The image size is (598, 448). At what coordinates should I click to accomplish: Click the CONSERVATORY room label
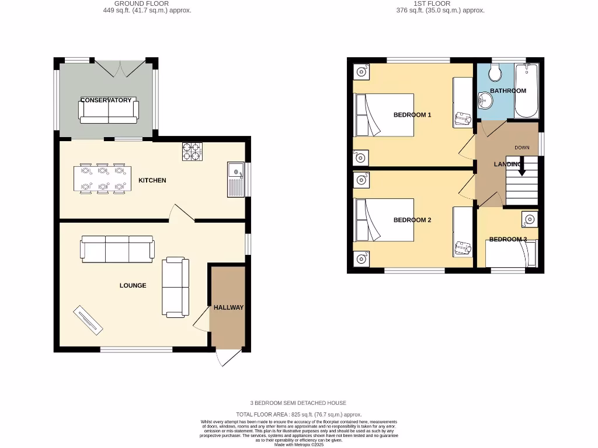pyautogui.click(x=106, y=100)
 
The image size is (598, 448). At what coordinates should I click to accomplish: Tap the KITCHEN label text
pyautogui.click(x=152, y=180)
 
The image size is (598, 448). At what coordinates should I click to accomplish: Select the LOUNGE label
pyautogui.click(x=133, y=285)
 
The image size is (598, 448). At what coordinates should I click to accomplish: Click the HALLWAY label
pyautogui.click(x=228, y=307)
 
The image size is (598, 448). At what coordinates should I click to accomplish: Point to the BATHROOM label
pyautogui.click(x=507, y=91)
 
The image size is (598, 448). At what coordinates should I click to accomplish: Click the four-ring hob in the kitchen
pyautogui.click(x=192, y=151)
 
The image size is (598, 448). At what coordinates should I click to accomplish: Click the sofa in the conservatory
pyautogui.click(x=109, y=110)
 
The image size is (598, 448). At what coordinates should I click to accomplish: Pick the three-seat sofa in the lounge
pyautogui.click(x=117, y=249)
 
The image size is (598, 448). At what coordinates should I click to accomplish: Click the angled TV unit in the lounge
pyautogui.click(x=88, y=320)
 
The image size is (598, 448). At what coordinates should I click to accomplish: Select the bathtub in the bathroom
pyautogui.click(x=526, y=91)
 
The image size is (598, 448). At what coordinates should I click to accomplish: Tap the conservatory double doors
pyautogui.click(x=120, y=68)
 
